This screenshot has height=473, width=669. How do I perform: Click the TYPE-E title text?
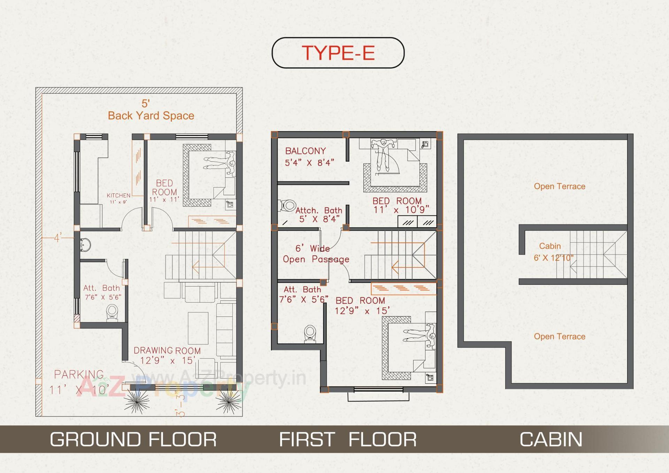pyautogui.click(x=338, y=53)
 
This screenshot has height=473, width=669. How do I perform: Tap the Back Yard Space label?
pyautogui.click(x=151, y=116)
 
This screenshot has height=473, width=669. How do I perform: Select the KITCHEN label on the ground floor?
pyautogui.click(x=118, y=196)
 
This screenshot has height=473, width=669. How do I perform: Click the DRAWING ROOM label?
pyautogui.click(x=167, y=351)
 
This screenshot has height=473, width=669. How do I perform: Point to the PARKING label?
pyautogui.click(x=79, y=375)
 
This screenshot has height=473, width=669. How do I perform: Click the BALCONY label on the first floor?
pyautogui.click(x=306, y=151)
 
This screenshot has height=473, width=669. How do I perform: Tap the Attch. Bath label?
pyautogui.click(x=319, y=211)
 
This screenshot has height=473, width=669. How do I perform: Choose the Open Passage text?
pyautogui.click(x=316, y=259)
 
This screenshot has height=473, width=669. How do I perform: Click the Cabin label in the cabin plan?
pyautogui.click(x=550, y=246)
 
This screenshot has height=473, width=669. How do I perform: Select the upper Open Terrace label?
pyautogui.click(x=560, y=186)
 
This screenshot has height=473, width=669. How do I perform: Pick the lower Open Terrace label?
pyautogui.click(x=560, y=337)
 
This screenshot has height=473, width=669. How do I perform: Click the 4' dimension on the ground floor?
pyautogui.click(x=58, y=238)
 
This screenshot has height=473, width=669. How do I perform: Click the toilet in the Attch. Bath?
pyautogui.click(x=287, y=205)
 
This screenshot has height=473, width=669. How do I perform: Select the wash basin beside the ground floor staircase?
pyautogui.click(x=85, y=245)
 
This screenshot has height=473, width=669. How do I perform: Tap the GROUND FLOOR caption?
pyautogui.click(x=133, y=440)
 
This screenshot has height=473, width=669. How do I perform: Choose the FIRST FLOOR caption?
pyautogui.click(x=348, y=440)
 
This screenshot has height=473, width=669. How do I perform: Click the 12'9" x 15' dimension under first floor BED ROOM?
pyautogui.click(x=362, y=311)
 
